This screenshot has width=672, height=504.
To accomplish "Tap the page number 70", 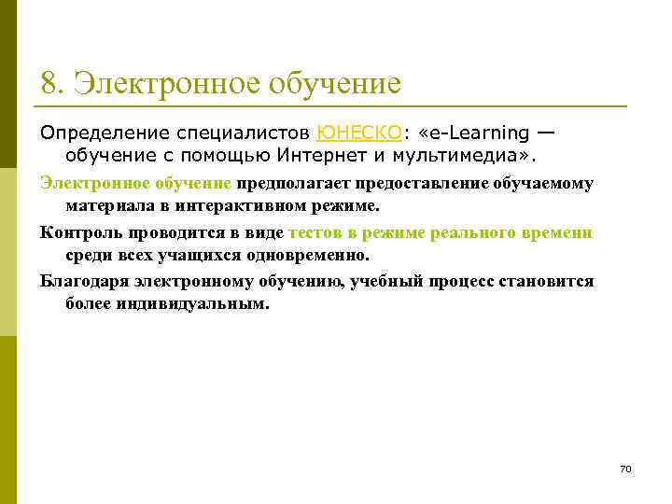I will (x=625, y=468).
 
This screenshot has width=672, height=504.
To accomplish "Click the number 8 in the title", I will (x=49, y=84).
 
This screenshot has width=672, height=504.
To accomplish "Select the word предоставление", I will (x=411, y=183).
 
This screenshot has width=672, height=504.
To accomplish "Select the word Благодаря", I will (x=87, y=282).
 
